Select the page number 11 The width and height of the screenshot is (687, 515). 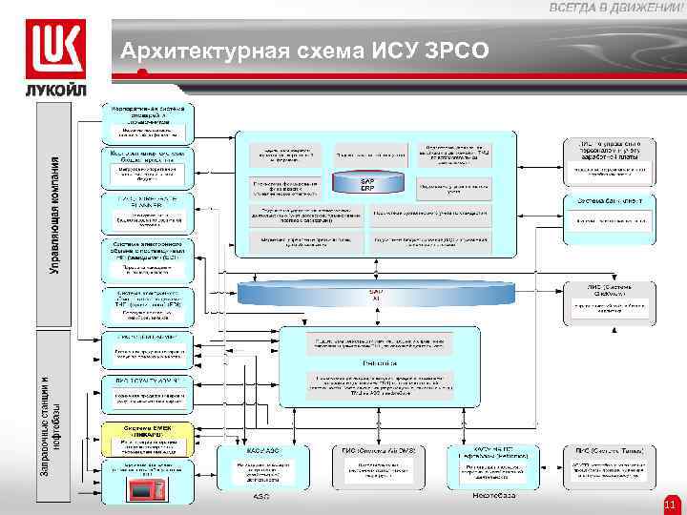(x=669, y=504)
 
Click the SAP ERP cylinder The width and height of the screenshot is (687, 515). (x=367, y=183)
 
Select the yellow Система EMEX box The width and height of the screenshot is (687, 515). (x=148, y=440)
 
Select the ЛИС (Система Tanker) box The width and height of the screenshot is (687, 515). (x=608, y=468)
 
